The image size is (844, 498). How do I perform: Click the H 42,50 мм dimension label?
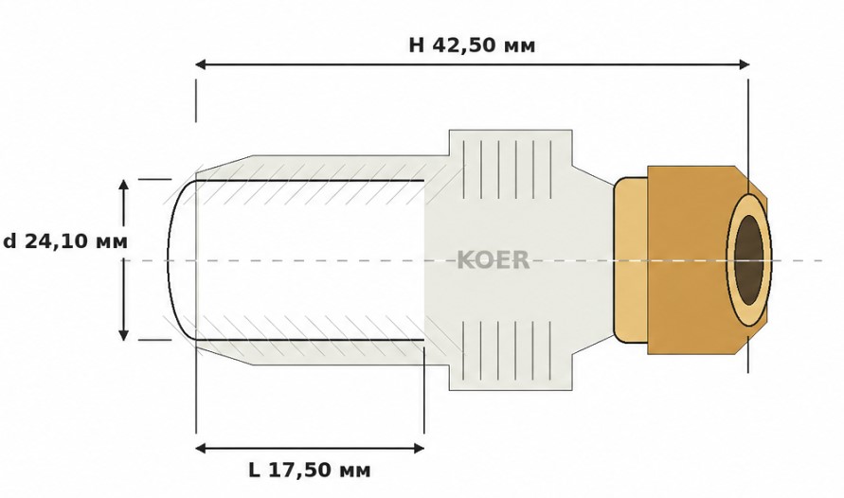[x=472, y=45]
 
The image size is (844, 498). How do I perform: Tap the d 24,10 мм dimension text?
[x=65, y=241]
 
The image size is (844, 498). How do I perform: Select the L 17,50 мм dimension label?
[x=310, y=470]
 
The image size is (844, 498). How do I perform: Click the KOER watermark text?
[x=494, y=260]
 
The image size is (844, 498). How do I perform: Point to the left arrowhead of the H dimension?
[x=202, y=64]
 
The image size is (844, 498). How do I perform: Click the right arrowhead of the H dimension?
[x=744, y=64]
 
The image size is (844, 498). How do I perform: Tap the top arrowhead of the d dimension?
[x=124, y=187]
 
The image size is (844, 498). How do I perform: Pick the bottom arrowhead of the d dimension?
[x=124, y=334]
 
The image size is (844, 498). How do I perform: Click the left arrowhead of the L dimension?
[x=202, y=448]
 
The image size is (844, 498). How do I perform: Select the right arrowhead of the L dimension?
[x=419, y=448]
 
